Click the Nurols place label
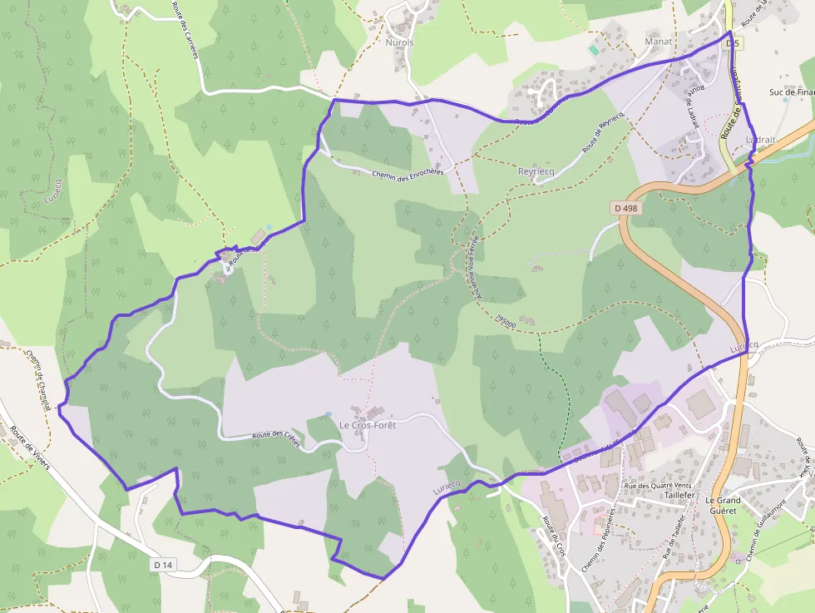pyautogui.click(x=399, y=42)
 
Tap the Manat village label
pyautogui.click(x=658, y=40)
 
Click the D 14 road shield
pyautogui.click(x=164, y=566)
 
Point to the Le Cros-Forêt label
pyautogui.click(x=368, y=425)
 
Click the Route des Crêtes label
pyautogui.click(x=275, y=437)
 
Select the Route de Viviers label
pyautogui.click(x=30, y=448)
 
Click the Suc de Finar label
pyautogui.click(x=792, y=92)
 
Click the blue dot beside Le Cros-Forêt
pyautogui.click(x=328, y=413)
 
